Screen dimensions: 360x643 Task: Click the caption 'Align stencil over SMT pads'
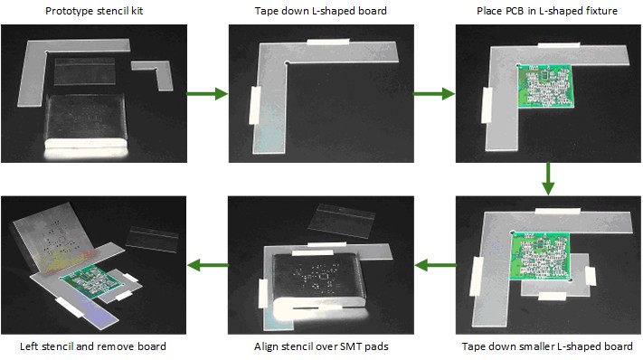tap(321, 346)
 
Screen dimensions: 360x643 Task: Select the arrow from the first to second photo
tap(206, 92)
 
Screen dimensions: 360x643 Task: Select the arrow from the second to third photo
tap(434, 92)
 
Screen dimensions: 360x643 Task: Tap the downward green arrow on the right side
tap(548, 178)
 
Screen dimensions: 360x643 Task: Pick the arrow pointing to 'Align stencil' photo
tap(434, 265)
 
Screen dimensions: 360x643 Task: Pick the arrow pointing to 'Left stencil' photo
tap(206, 265)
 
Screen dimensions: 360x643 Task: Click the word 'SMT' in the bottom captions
tap(346, 346)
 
